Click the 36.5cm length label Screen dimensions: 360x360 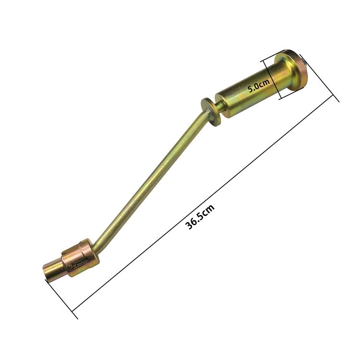(200, 217)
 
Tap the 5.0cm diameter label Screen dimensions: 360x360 (259, 85)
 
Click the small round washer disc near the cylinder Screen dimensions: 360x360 (211, 112)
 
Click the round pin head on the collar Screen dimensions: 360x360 (71, 266)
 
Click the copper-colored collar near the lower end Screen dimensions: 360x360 (81, 257)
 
